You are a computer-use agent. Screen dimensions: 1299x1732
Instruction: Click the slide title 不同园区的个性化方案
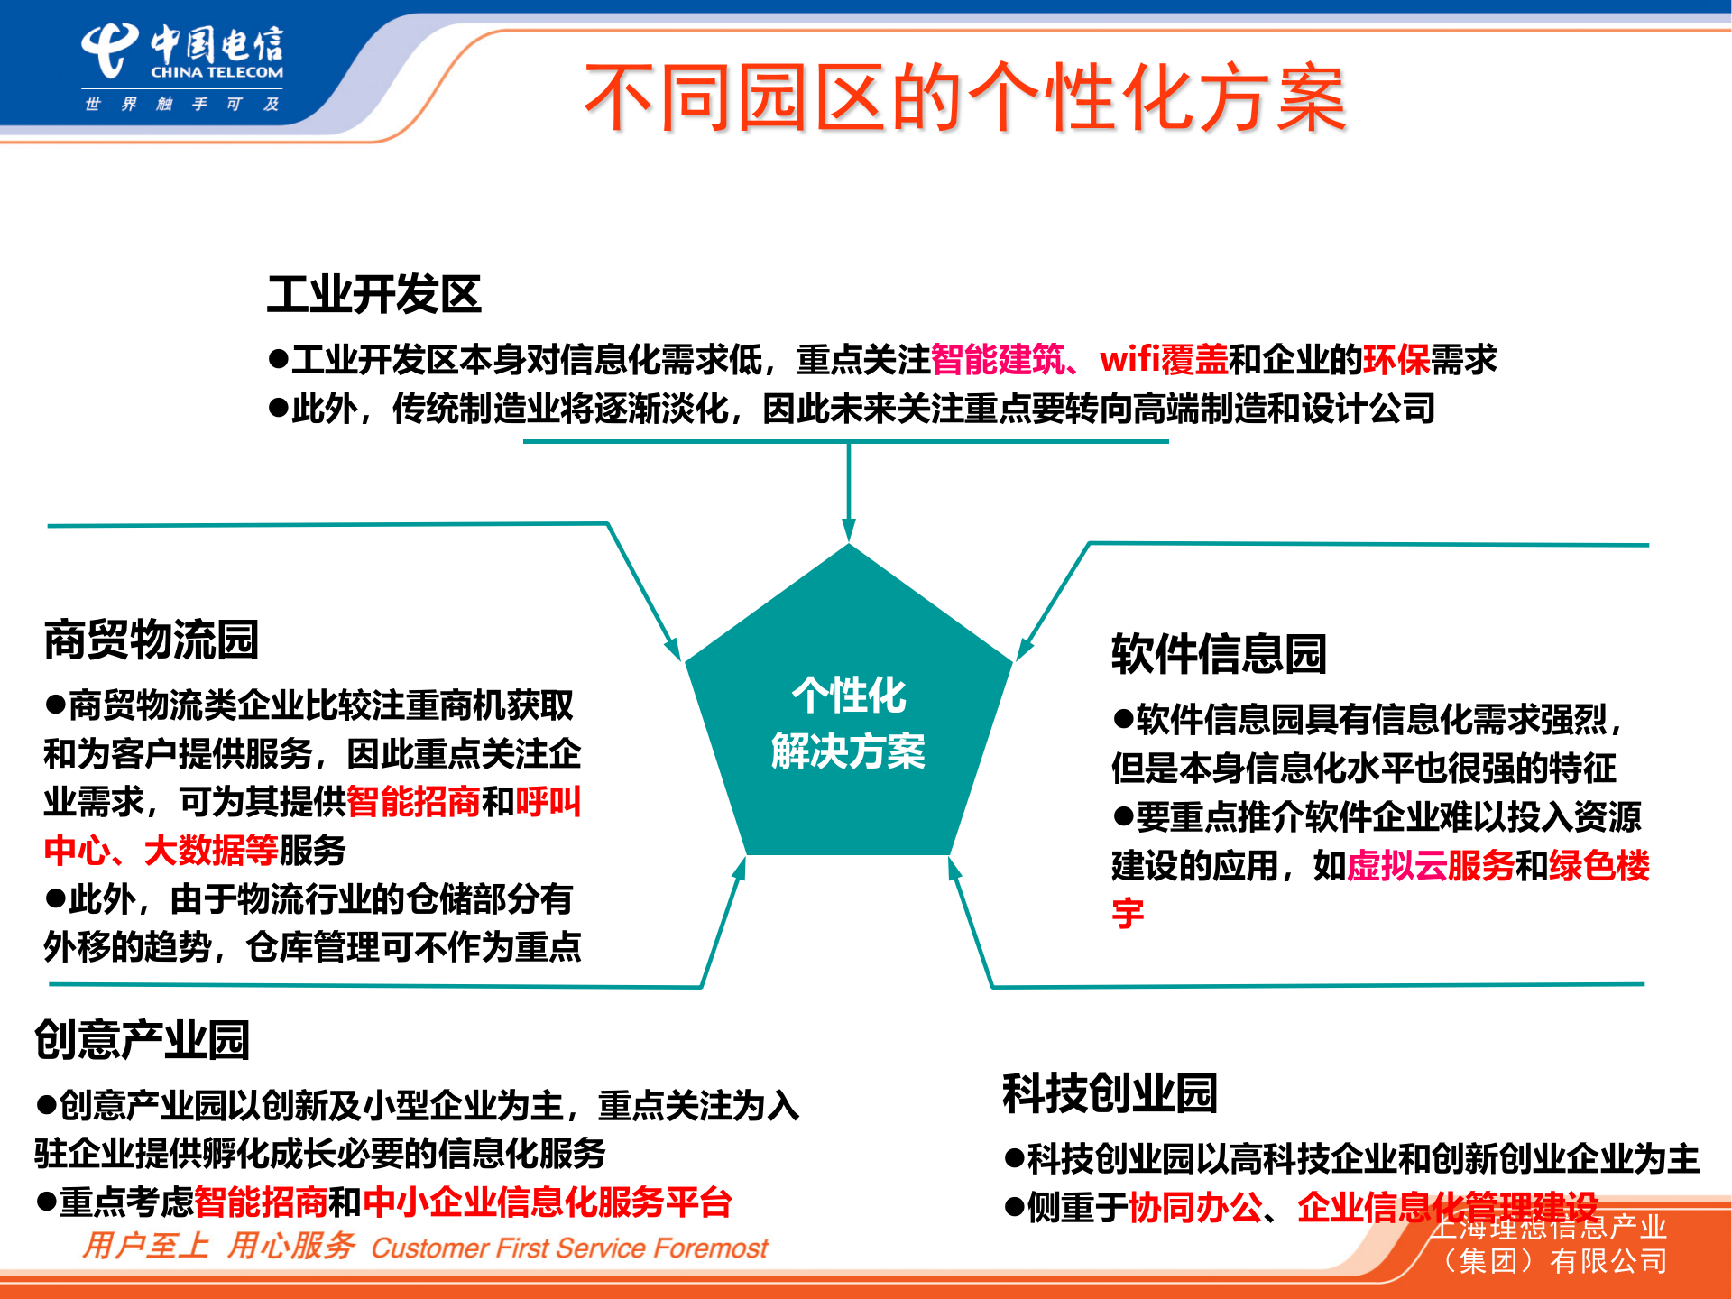[965, 97]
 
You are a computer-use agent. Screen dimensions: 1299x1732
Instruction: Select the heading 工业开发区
[373, 295]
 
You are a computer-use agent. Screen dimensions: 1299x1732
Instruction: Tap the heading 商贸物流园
[152, 640]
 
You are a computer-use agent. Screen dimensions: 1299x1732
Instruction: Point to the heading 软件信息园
[1219, 654]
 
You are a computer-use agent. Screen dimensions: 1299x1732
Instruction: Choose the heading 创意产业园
[142, 1039]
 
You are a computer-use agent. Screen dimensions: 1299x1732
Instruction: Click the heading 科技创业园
[1110, 1093]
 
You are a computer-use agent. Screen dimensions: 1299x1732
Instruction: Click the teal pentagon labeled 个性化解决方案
[848, 722]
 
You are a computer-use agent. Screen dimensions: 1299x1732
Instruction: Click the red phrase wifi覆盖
[1164, 360]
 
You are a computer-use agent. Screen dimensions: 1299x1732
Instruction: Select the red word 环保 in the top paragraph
[1396, 360]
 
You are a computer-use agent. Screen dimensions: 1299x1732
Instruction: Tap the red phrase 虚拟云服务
[1431, 866]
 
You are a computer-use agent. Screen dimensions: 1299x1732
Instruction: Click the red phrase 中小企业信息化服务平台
[547, 1202]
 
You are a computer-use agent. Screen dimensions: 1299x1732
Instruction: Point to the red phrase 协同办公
[1194, 1208]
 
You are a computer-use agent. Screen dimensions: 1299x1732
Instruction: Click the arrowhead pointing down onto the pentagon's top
[848, 530]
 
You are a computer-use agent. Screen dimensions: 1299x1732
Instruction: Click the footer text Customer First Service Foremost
[569, 1248]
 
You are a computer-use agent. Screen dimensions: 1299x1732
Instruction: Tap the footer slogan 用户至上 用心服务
[218, 1247]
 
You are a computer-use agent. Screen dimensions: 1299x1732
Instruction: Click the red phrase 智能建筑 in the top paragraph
[997, 360]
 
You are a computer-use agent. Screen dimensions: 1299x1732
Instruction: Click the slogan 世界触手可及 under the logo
[181, 105]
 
